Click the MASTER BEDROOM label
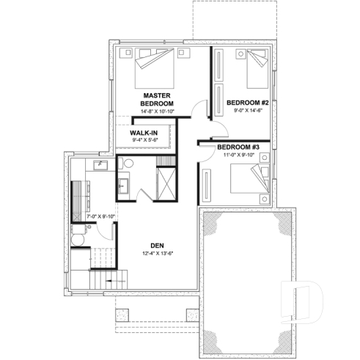pos(157,100)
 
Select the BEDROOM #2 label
pos(247,102)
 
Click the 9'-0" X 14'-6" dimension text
pos(247,110)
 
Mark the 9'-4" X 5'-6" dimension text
pos(145,141)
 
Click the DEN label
pos(157,246)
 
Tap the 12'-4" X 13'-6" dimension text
pos(157,254)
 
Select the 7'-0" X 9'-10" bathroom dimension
pos(101,217)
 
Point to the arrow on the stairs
pos(110,282)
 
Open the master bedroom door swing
pos(193,111)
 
